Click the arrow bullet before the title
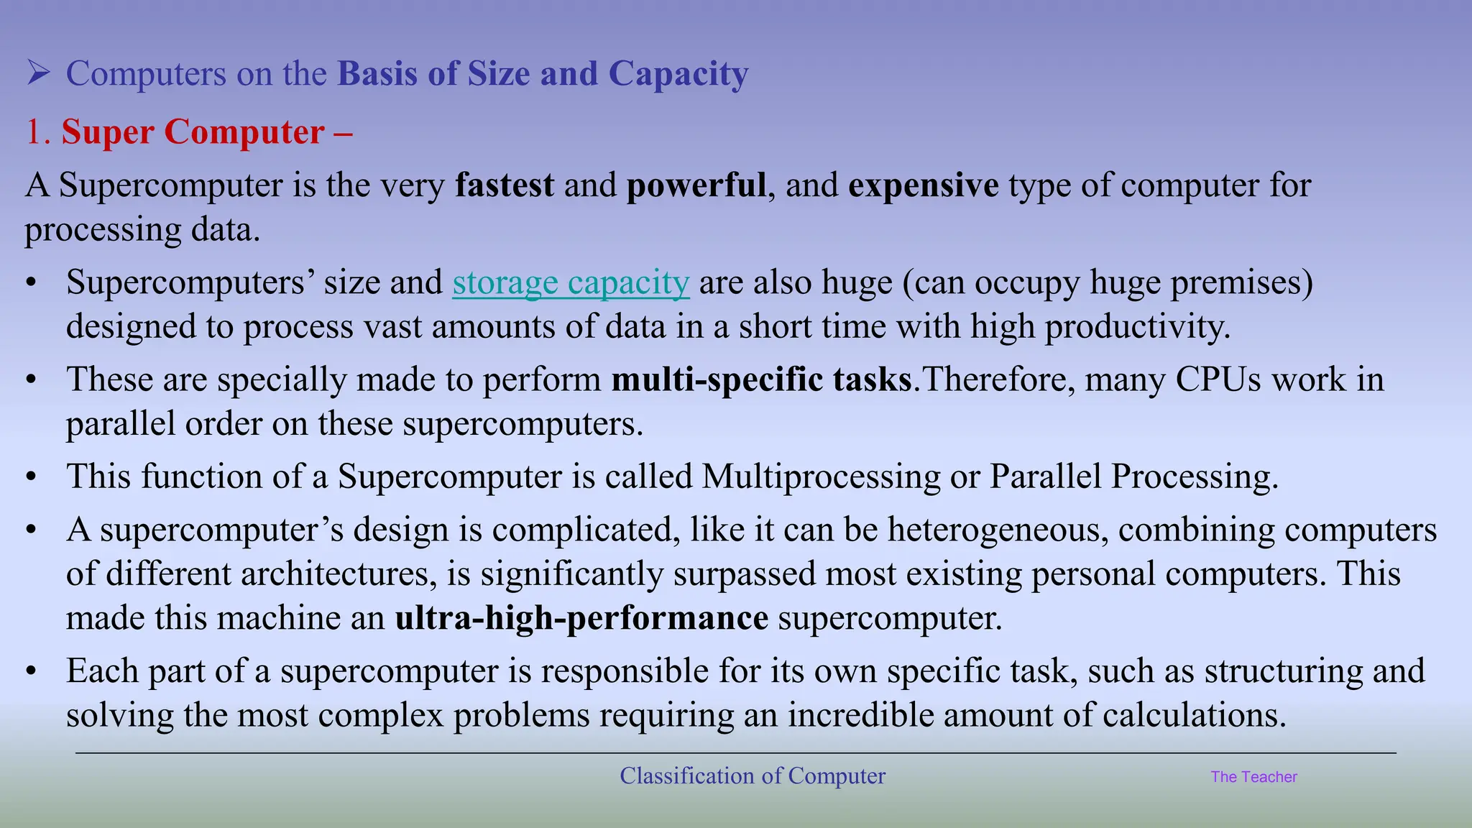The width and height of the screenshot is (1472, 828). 38,73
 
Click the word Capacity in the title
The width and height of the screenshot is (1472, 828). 678,74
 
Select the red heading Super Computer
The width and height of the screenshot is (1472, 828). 193,132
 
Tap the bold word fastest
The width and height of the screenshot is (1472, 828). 505,185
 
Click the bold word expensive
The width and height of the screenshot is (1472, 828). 924,185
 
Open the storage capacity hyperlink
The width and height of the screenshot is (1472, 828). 571,282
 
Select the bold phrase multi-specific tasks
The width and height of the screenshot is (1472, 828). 762,379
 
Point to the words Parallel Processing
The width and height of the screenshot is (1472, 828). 1133,477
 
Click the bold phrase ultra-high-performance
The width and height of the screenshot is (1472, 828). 581,618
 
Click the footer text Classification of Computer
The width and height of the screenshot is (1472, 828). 753,776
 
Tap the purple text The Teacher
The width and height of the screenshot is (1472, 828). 1253,777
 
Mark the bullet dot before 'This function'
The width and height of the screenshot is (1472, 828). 30,477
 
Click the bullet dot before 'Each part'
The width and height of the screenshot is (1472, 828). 30,671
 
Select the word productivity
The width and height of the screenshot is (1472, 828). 1137,327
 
